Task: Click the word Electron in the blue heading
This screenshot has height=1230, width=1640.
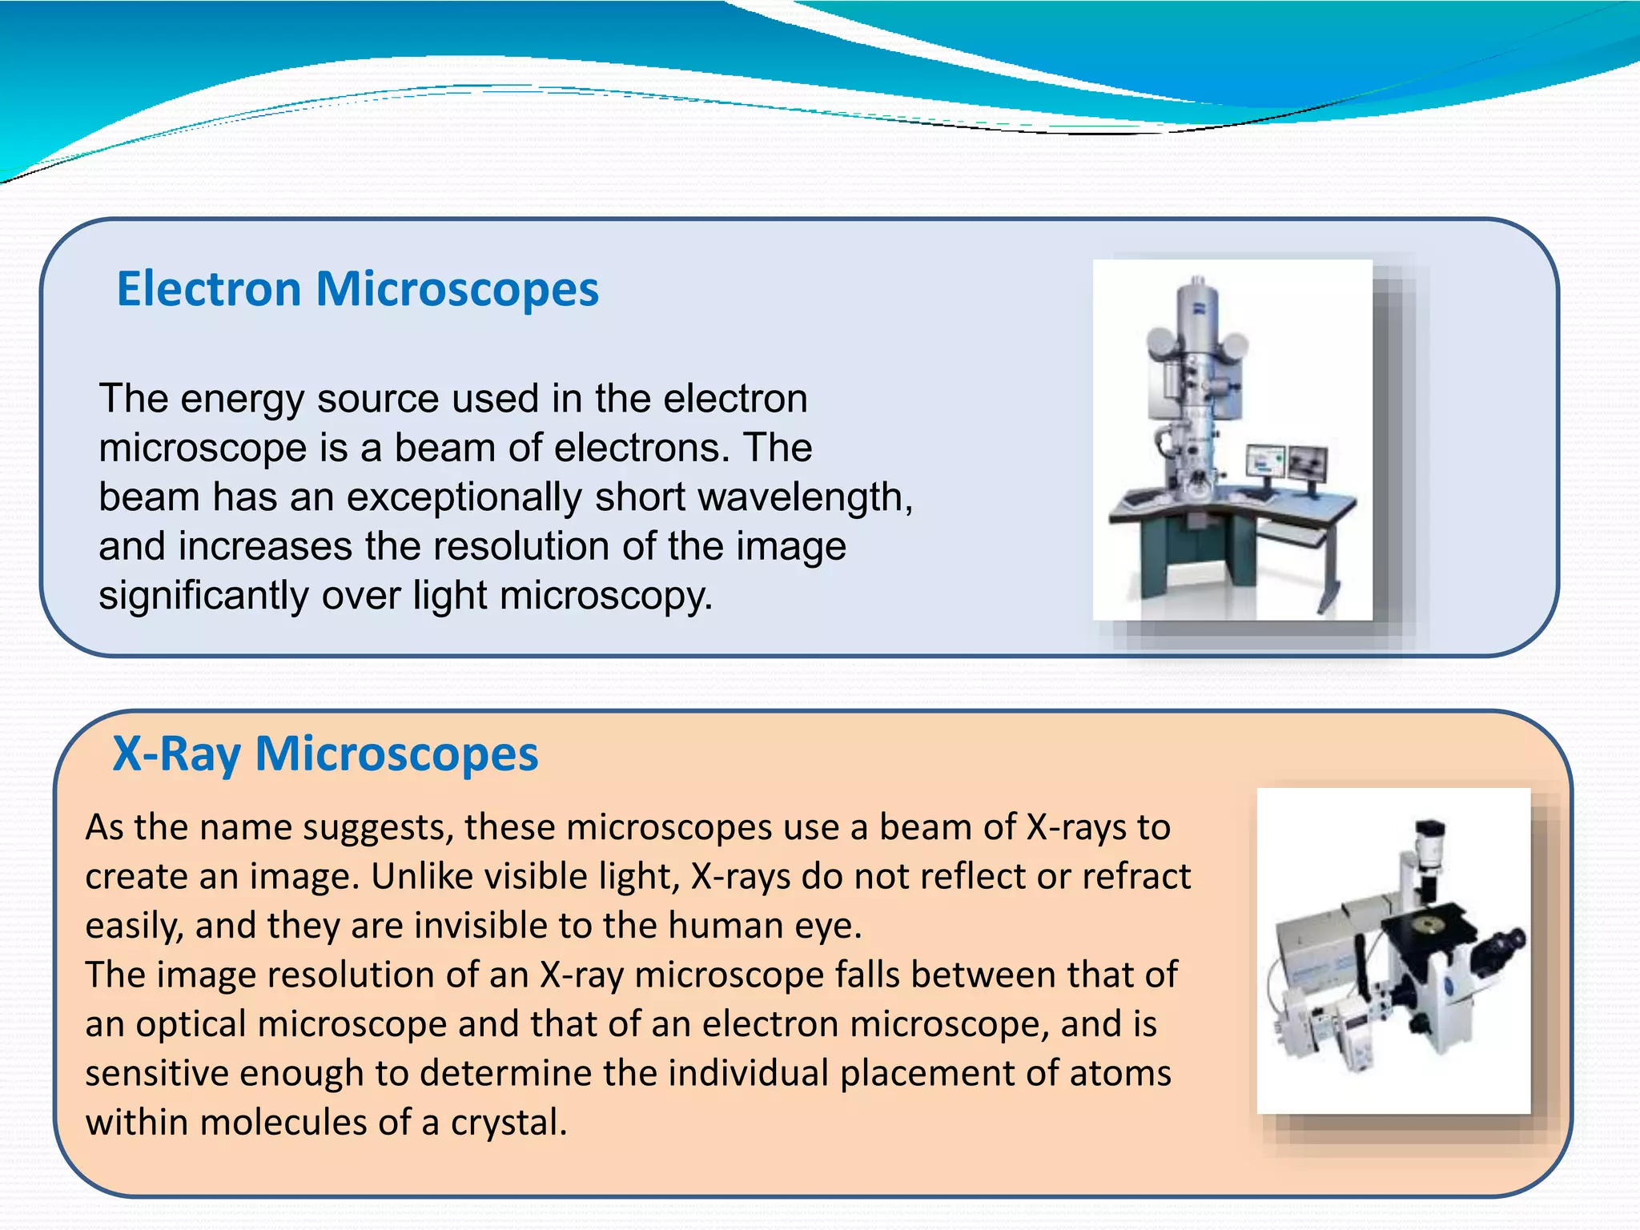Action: point(209,289)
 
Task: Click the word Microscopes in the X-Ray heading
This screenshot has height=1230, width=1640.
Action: point(396,754)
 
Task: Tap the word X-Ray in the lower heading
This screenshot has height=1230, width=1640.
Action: point(176,754)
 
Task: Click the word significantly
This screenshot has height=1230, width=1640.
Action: point(203,597)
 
